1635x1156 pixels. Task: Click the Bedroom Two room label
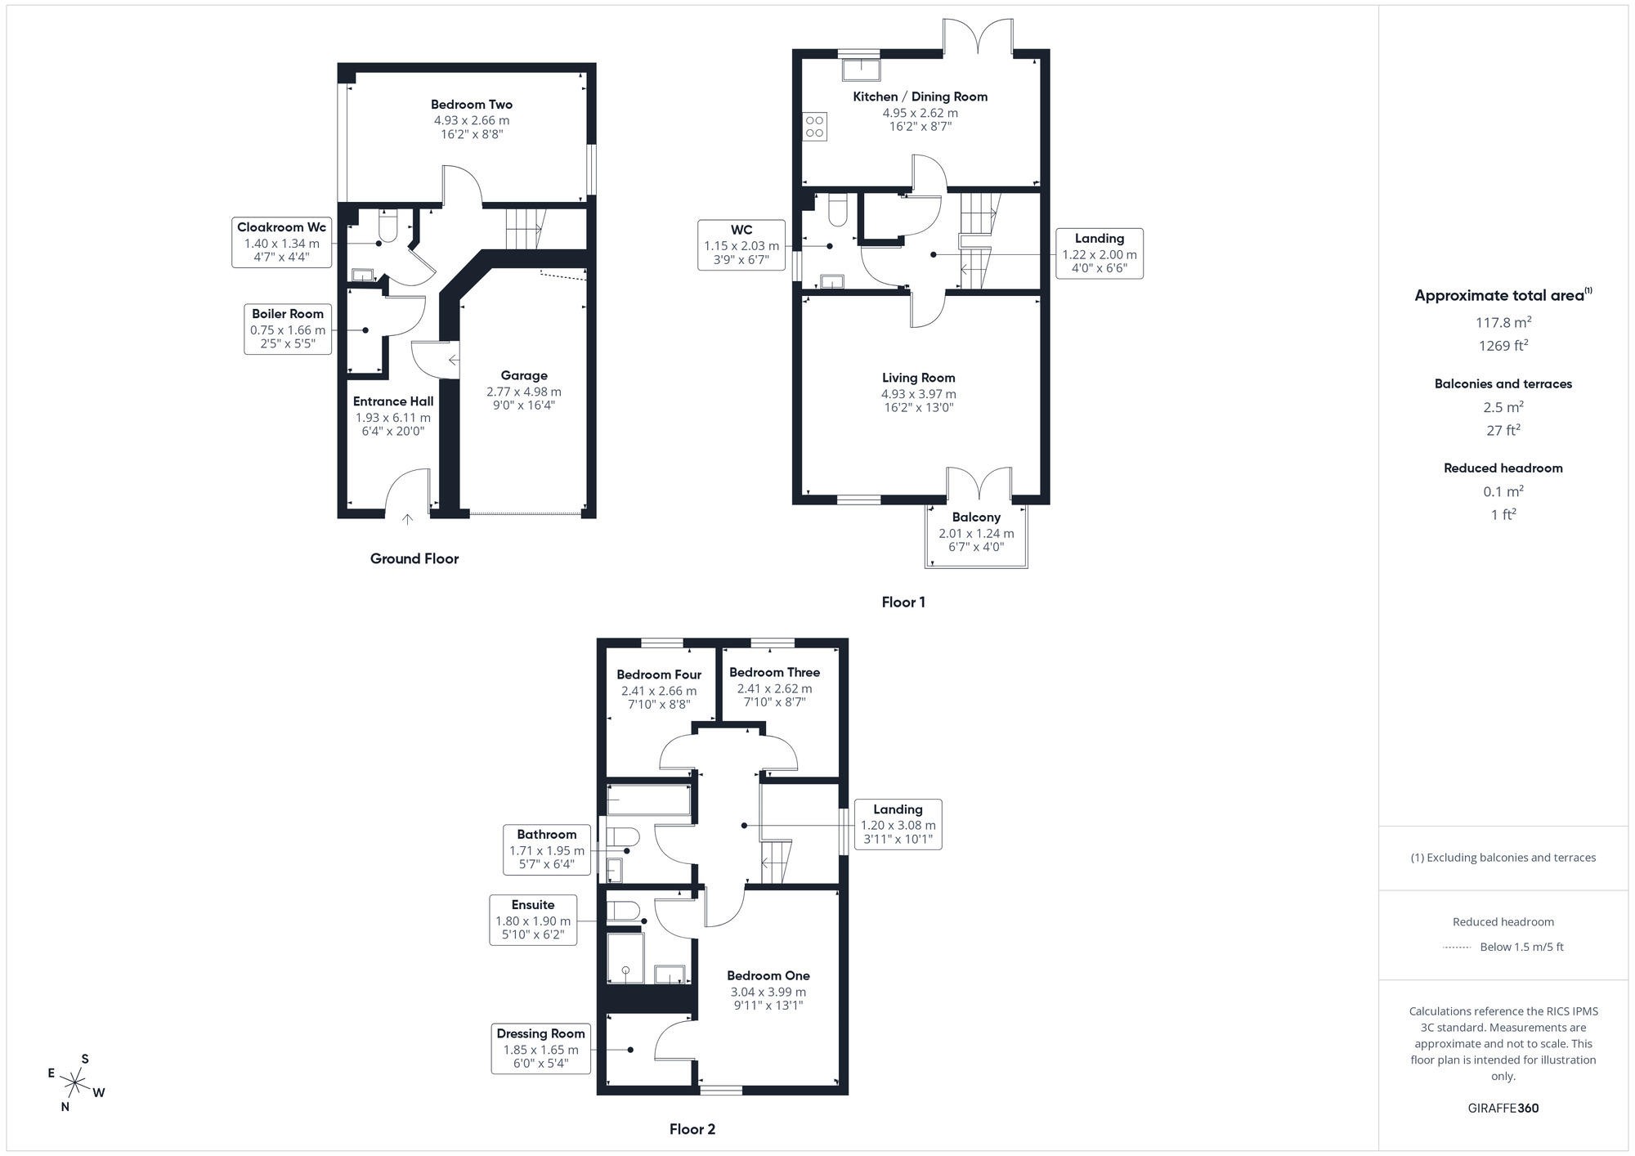click(472, 105)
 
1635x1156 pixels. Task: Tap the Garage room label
click(524, 376)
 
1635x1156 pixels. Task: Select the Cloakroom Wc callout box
click(281, 243)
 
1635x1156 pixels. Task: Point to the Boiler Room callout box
click(288, 329)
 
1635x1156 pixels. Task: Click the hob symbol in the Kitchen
click(815, 127)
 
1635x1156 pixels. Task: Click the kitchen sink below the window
click(860, 69)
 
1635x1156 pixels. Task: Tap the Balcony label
click(976, 518)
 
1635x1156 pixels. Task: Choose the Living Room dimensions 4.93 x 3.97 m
click(918, 394)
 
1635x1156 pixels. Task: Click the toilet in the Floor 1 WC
click(837, 211)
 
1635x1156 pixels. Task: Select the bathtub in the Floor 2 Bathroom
click(648, 800)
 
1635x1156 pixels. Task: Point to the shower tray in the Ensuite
click(625, 957)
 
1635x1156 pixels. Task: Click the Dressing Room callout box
click(540, 1048)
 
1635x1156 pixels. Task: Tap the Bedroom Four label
click(659, 675)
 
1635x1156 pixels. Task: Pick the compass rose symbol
click(76, 1085)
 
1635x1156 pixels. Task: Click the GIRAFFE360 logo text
click(1503, 1109)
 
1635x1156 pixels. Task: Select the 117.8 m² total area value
click(1503, 323)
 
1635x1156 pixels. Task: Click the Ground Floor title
click(414, 559)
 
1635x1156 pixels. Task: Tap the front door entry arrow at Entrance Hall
click(408, 518)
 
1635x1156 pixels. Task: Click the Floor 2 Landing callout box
click(898, 824)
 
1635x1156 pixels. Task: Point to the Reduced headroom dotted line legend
click(1457, 948)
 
